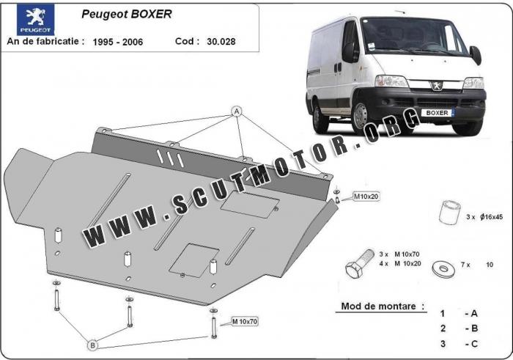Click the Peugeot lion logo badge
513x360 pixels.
pyautogui.click(x=35, y=20)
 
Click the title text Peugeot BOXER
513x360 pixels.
pyautogui.click(x=127, y=14)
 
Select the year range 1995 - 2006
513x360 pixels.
pyautogui.click(x=118, y=42)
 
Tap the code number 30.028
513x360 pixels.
pyautogui.click(x=221, y=42)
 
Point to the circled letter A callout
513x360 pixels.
pyautogui.click(x=237, y=111)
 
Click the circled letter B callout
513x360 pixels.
pyautogui.click(x=92, y=345)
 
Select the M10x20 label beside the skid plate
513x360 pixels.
pyautogui.click(x=366, y=196)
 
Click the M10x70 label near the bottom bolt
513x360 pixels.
pyautogui.click(x=245, y=321)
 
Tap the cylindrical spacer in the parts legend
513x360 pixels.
pyautogui.click(x=449, y=212)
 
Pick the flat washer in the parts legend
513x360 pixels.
pyautogui.click(x=443, y=268)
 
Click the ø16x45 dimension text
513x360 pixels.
pyautogui.click(x=492, y=216)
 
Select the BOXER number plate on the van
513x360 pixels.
pyautogui.click(x=438, y=113)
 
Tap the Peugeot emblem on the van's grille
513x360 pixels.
pyautogui.click(x=437, y=86)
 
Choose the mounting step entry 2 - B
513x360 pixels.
pyautogui.click(x=459, y=328)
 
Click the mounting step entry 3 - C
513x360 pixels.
pyautogui.click(x=459, y=344)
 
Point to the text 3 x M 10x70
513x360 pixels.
pyautogui.click(x=399, y=254)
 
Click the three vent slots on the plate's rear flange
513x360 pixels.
pyautogui.click(x=170, y=158)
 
